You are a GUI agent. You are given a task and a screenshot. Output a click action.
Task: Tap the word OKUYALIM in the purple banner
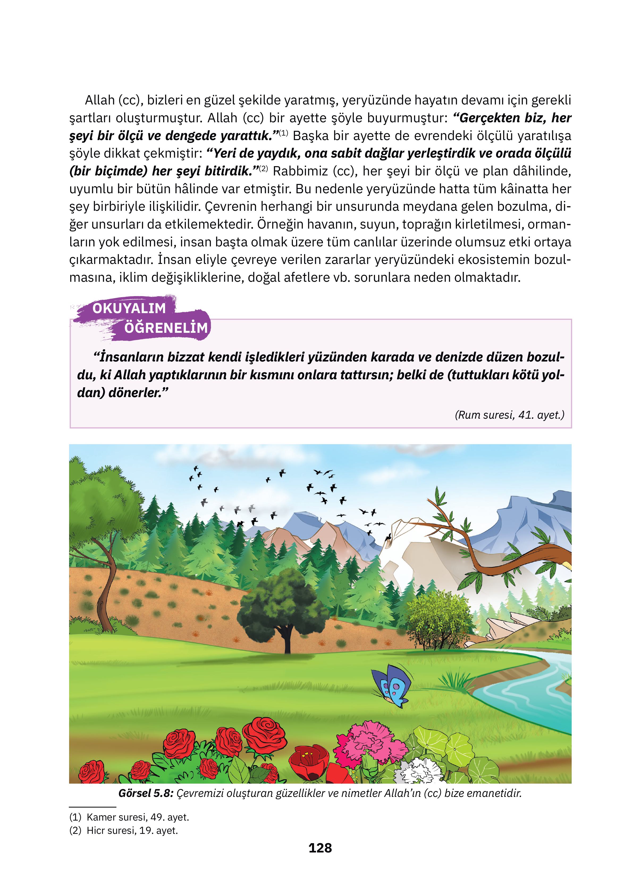[129, 308]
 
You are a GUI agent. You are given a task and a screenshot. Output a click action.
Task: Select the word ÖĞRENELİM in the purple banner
[166, 328]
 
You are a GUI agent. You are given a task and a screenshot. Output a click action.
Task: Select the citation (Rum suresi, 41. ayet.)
[509, 415]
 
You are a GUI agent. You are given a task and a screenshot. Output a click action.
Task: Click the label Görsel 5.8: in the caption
[145, 793]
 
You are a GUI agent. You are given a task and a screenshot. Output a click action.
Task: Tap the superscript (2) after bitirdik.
[264, 169]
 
